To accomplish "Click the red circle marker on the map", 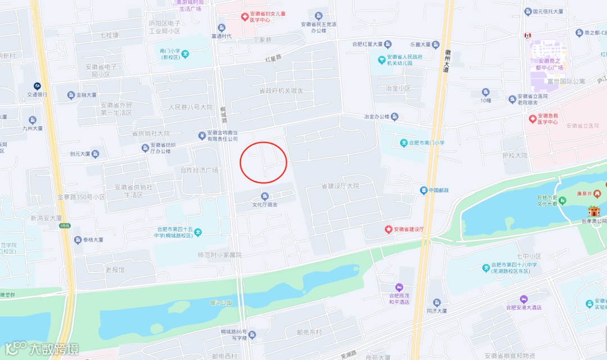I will (x=264, y=162).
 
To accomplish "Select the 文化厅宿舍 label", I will (x=265, y=204).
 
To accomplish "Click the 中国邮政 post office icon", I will (x=424, y=190).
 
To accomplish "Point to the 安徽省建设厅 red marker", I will (x=387, y=229).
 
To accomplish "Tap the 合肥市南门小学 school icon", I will (x=404, y=143).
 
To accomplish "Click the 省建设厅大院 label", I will (x=340, y=186).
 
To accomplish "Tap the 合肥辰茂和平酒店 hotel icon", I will (x=400, y=288).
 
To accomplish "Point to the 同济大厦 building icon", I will (x=436, y=303).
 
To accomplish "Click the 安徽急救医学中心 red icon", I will (x=533, y=119).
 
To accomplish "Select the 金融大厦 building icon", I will (x=71, y=95).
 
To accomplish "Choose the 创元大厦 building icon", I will (x=96, y=153).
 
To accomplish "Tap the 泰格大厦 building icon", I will (x=78, y=240).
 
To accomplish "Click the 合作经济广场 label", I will (x=199, y=170).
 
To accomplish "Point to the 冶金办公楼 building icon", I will (x=395, y=117).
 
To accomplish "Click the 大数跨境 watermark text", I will (x=54, y=348).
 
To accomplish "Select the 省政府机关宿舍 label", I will (x=281, y=90).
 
